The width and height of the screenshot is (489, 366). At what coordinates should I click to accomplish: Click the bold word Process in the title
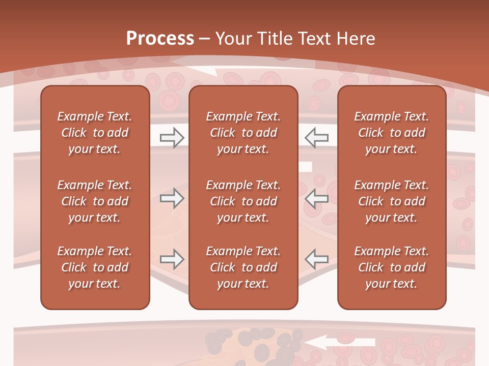(x=160, y=39)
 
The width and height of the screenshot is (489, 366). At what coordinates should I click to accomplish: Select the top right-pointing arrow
(x=172, y=138)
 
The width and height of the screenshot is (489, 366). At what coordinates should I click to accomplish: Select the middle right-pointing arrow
(x=172, y=198)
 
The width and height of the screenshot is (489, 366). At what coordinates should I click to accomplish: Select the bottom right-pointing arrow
(x=172, y=259)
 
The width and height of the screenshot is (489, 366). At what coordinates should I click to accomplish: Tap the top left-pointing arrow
(x=316, y=138)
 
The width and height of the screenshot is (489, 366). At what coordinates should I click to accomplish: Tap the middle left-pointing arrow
(x=316, y=198)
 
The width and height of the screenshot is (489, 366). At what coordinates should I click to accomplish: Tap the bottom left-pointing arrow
(x=316, y=259)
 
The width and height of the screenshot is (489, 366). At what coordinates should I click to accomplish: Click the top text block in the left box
(x=95, y=133)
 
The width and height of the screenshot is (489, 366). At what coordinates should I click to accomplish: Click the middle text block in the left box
(x=95, y=201)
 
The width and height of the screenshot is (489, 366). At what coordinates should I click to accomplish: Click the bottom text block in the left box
(x=95, y=267)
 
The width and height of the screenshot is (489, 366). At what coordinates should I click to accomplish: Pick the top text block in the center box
(x=243, y=133)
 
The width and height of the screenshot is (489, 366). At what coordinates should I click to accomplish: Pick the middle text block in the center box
(x=243, y=201)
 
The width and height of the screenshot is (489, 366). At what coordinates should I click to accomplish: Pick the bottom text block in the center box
(x=243, y=267)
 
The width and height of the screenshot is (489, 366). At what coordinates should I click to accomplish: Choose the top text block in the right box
(x=391, y=133)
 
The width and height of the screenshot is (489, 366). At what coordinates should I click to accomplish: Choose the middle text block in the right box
(x=391, y=201)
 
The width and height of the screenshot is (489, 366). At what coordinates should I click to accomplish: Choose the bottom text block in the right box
(x=391, y=267)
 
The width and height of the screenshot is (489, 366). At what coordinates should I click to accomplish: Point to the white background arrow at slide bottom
(x=336, y=343)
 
